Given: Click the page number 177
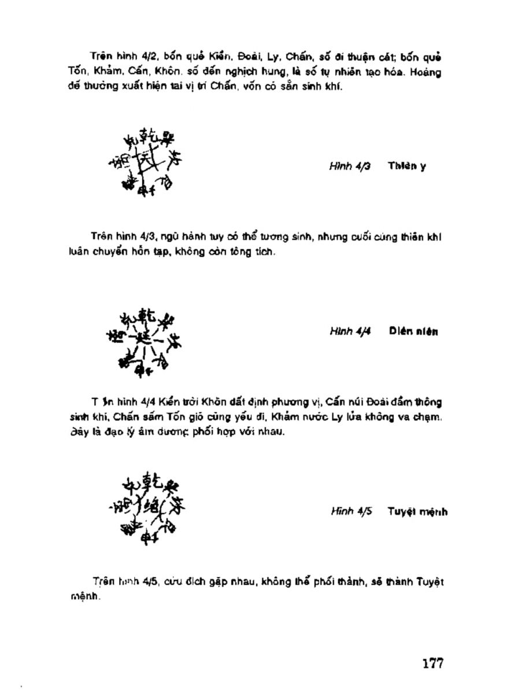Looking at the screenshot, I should pyautogui.click(x=432, y=663).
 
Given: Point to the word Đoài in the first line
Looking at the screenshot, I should pyautogui.click(x=237, y=58).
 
